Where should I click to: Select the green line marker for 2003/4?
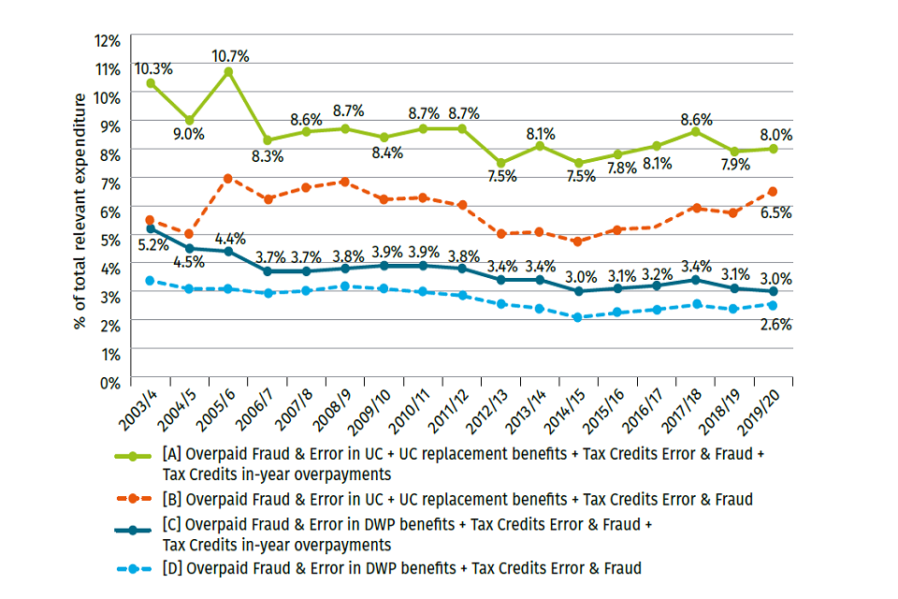[151, 83]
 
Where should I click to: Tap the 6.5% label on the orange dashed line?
[775, 212]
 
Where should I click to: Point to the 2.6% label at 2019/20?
[775, 325]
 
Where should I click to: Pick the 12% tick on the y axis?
[108, 40]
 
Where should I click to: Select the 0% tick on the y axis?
[110, 382]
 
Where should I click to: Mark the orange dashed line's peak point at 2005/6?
[228, 178]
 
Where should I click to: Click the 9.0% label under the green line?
[189, 134]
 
